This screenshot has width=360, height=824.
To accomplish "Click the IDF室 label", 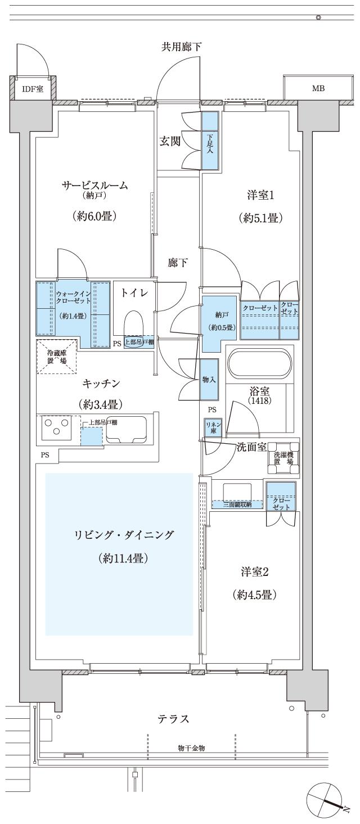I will [32, 89].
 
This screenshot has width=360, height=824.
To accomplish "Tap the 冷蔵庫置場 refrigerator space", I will [56, 357].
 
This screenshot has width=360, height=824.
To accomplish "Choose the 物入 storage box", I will [209, 380].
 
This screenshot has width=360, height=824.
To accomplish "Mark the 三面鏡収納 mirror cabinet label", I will [237, 505].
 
